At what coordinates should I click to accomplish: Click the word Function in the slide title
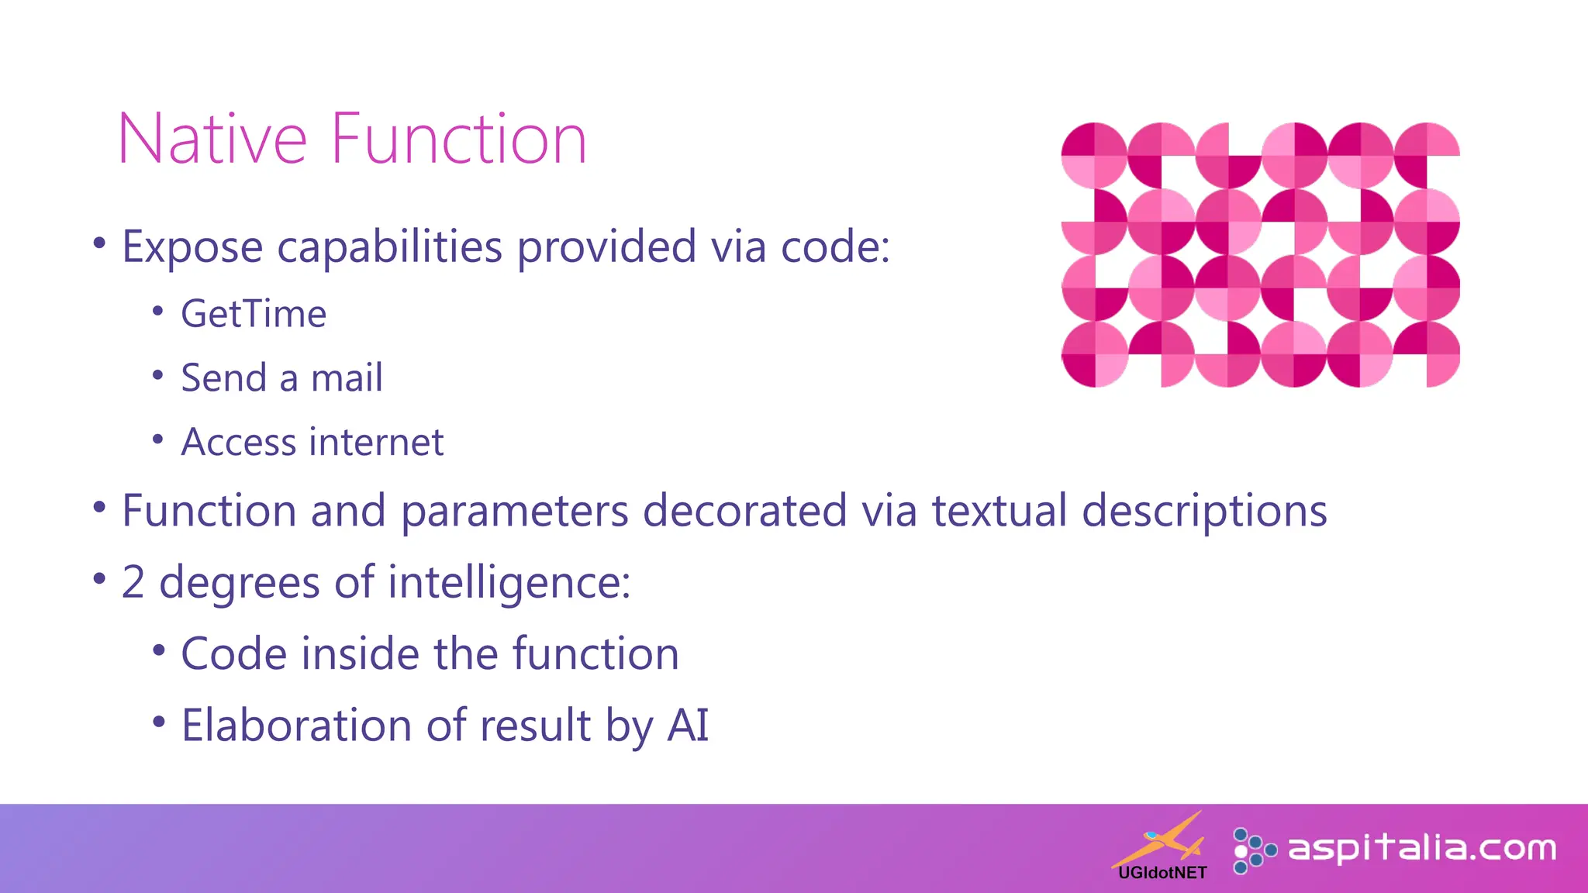coord(459,140)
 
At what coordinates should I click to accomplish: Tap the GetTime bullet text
coord(254,315)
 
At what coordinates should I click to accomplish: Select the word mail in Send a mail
coord(347,379)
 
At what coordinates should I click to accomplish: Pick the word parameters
coord(514,512)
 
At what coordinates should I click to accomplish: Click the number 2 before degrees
coord(133,583)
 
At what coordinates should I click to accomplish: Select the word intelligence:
coord(509,583)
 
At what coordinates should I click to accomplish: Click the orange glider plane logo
coord(1161,841)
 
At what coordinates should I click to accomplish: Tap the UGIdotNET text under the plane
coord(1162,874)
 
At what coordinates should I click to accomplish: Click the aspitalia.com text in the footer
coord(1421,849)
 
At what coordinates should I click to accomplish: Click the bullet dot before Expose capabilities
coord(98,243)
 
